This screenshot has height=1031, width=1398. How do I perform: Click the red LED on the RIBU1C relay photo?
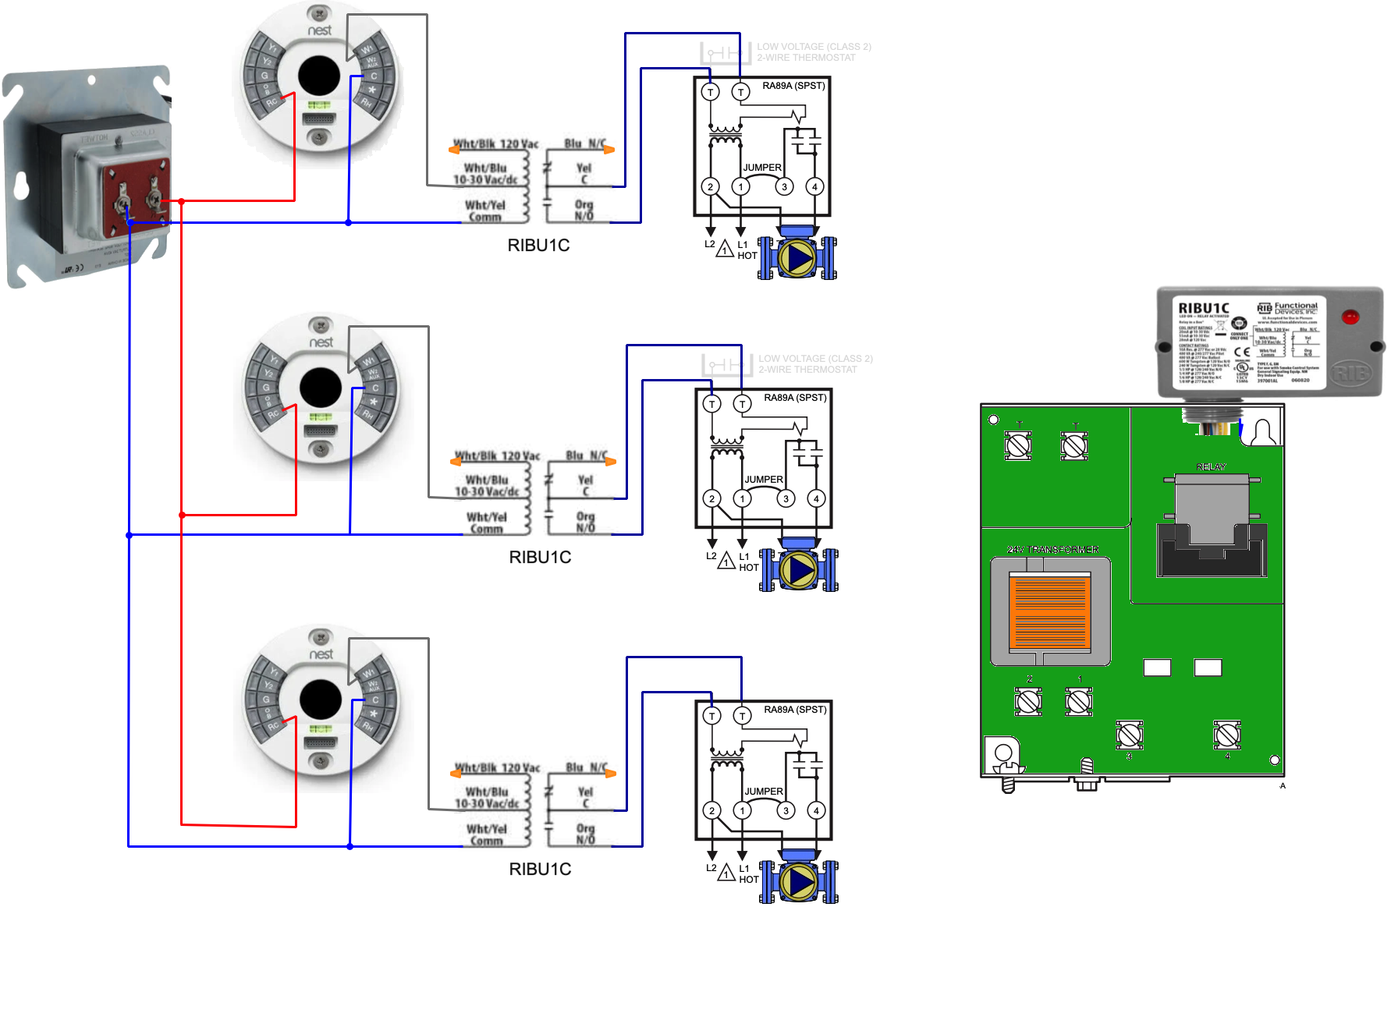coord(1350,317)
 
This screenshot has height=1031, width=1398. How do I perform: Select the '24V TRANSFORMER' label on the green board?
coord(1052,550)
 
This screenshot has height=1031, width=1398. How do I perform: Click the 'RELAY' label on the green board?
coord(1211,467)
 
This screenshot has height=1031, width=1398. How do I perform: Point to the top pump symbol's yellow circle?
coord(797,258)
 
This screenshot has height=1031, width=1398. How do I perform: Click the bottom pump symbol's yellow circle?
coord(798,882)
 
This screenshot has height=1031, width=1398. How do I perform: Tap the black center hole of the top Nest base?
coord(319,76)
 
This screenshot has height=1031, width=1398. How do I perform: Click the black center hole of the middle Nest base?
coord(321,388)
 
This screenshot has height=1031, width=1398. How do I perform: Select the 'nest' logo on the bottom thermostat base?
coord(321,654)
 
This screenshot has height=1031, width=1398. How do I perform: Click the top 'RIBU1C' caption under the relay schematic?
coord(539,246)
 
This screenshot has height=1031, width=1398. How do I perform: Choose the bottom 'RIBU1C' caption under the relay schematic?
coord(541,870)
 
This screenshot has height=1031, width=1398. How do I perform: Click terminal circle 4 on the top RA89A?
coord(814,186)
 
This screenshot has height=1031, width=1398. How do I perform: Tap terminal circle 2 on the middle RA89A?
coord(711,498)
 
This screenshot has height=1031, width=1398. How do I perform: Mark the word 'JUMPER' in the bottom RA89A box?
coord(764,792)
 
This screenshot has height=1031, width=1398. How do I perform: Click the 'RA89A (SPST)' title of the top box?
coord(793,86)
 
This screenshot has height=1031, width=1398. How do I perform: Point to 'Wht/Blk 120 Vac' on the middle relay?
coord(498,456)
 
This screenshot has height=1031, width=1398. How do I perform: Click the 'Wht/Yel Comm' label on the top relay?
coord(485,211)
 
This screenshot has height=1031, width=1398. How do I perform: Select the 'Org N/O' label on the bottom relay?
coord(586,834)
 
